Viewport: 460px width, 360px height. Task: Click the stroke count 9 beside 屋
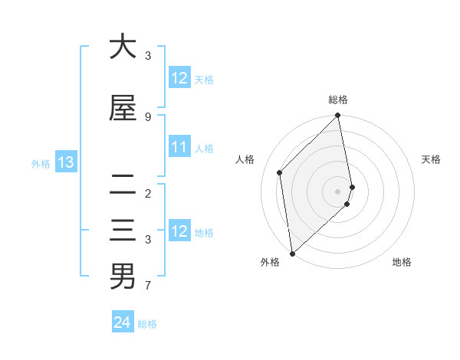point(148,116)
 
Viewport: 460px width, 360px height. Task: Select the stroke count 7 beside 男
point(148,286)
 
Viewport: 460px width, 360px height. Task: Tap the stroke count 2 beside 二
point(148,193)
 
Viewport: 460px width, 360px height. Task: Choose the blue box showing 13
point(65,162)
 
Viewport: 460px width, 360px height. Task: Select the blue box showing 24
point(123,322)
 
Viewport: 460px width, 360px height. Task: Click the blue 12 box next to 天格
point(179,78)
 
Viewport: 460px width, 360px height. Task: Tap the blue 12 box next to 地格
point(179,231)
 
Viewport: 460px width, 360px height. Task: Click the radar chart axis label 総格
point(338,100)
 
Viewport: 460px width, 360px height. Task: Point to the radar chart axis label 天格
point(432,159)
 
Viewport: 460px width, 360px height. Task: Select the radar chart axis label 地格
point(402,262)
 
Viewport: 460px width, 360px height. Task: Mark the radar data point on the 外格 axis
point(292,253)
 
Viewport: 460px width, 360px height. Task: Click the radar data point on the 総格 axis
point(338,116)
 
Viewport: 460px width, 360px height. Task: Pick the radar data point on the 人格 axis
point(280,172)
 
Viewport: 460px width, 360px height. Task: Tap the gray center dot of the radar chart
point(338,191)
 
